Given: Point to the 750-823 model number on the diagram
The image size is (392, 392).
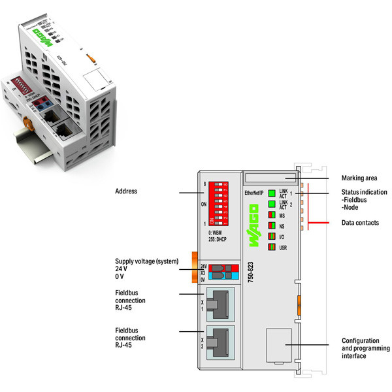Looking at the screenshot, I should click(252, 269).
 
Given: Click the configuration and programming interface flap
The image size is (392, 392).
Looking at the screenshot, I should click(279, 345).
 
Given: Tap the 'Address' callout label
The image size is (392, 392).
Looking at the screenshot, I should click(127, 192).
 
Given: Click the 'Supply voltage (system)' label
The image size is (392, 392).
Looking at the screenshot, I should click(146, 261).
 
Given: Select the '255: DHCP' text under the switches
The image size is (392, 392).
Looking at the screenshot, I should click(220, 239).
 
